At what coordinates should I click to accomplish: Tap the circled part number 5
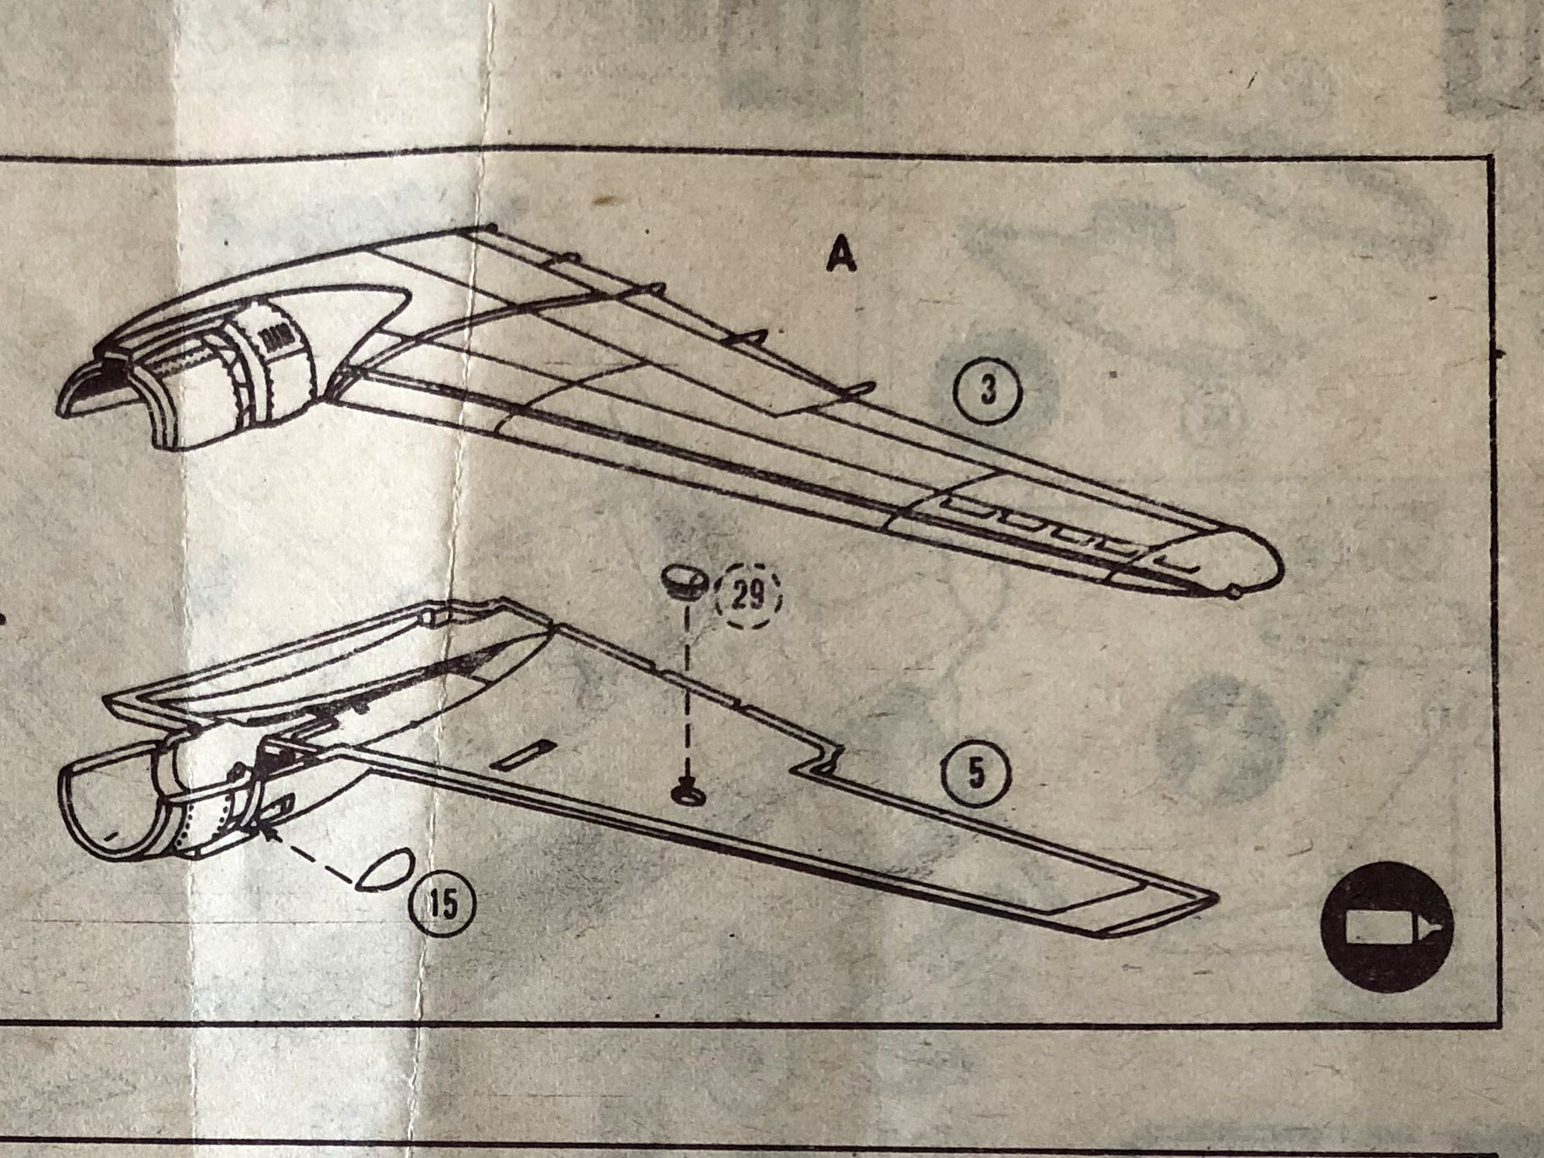tap(976, 774)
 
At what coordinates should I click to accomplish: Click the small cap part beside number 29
tap(682, 581)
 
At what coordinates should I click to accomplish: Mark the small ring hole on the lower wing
tap(685, 792)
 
